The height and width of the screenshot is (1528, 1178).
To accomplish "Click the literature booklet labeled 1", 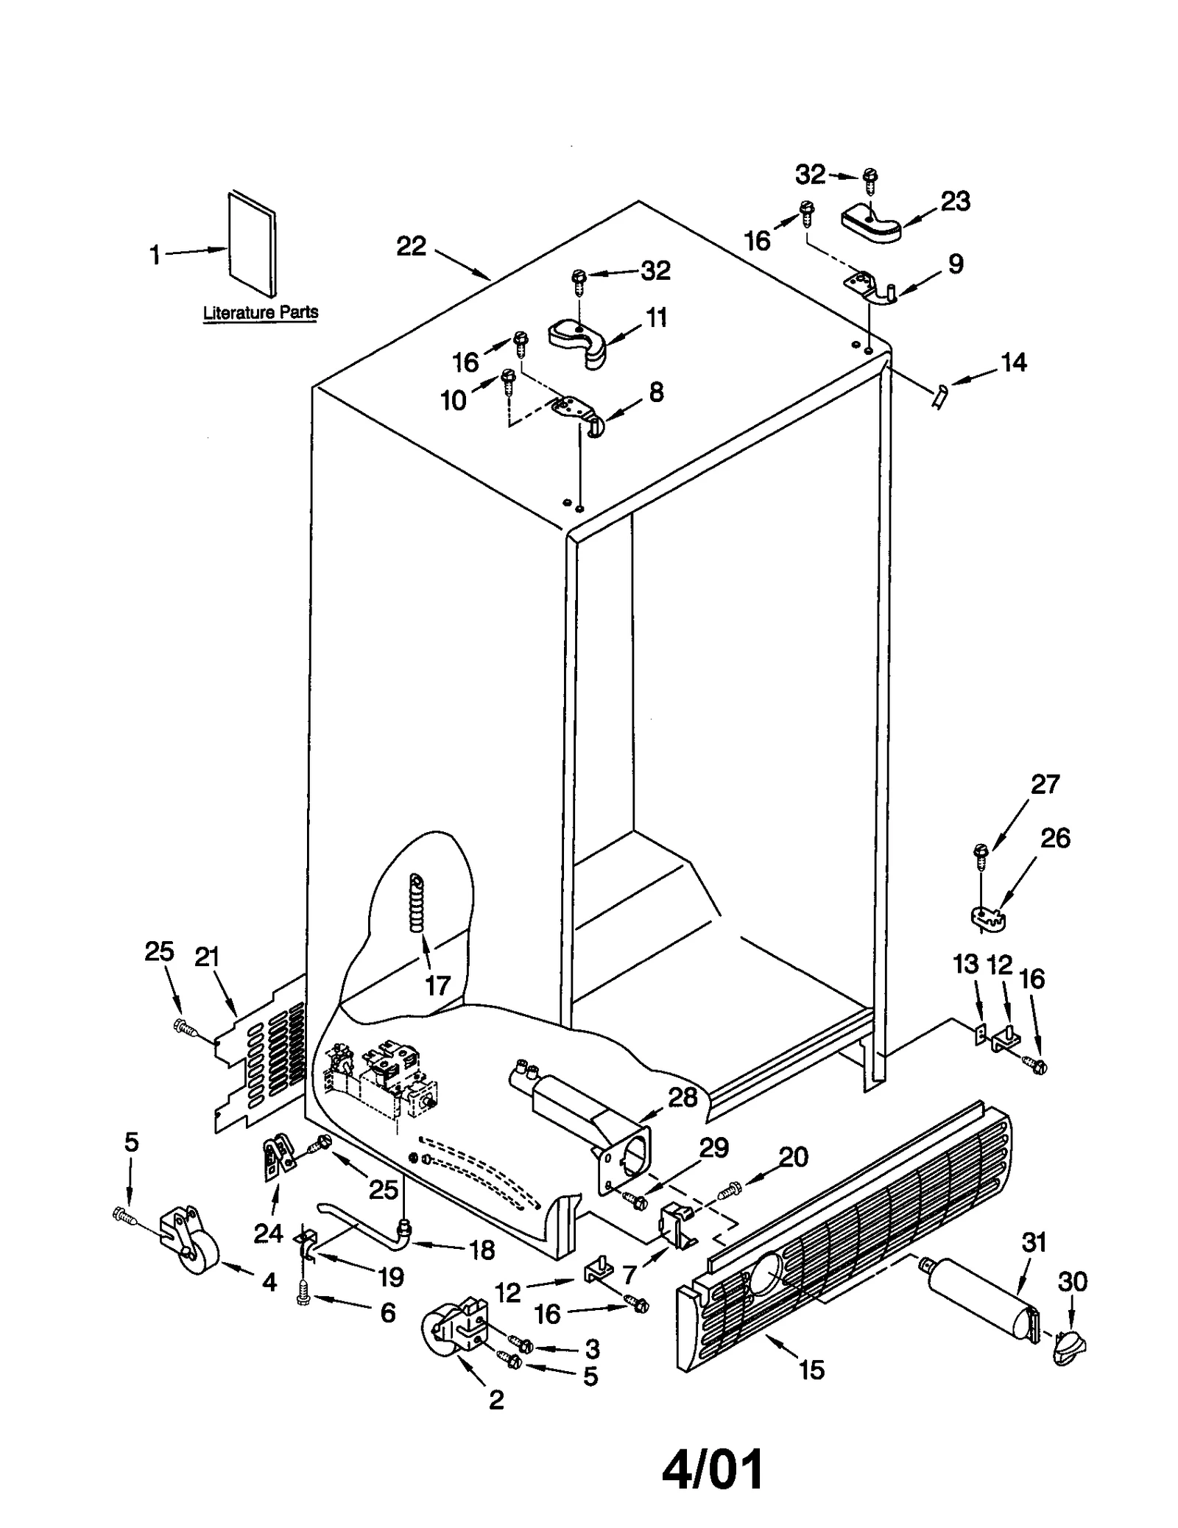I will click(x=253, y=244).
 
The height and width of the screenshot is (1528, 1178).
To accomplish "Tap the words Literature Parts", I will click(x=261, y=312).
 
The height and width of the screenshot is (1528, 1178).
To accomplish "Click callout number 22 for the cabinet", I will click(x=411, y=246).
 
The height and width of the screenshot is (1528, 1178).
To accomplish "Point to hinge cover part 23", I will click(x=870, y=223).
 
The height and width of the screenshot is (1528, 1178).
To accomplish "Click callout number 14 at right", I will click(x=1013, y=362).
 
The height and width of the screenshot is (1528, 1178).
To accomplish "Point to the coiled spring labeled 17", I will click(x=417, y=903).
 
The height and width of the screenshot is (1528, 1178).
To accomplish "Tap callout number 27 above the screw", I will click(x=1044, y=784).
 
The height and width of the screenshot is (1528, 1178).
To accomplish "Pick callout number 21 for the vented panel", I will click(x=207, y=957).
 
